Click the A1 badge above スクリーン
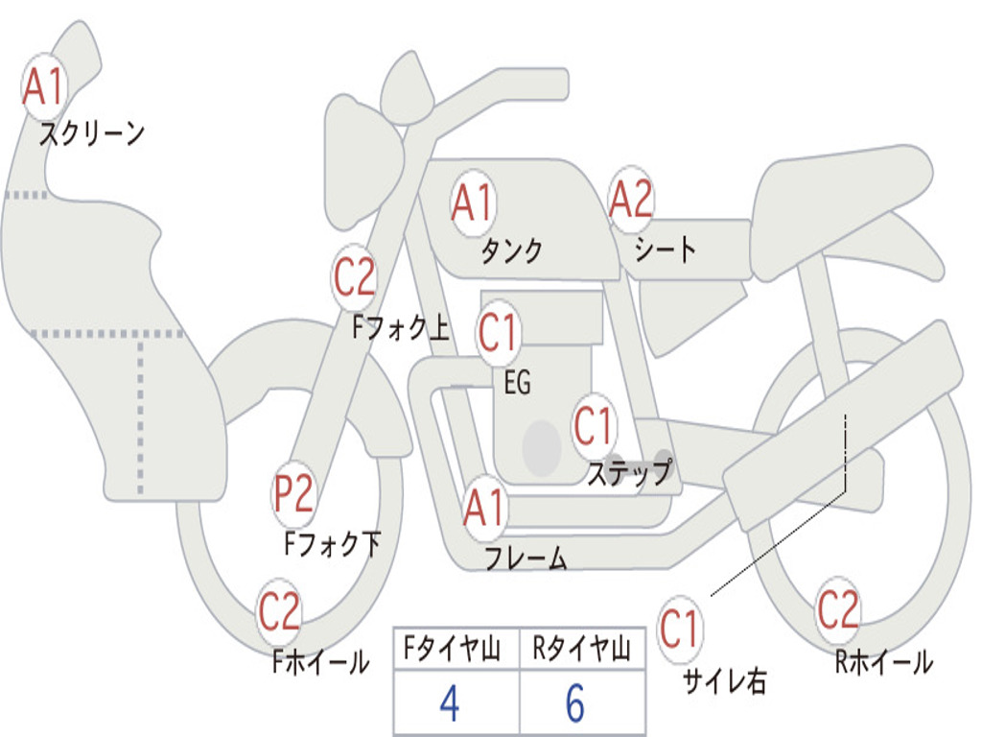[43, 87]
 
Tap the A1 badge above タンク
[473, 202]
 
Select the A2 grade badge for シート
[631, 201]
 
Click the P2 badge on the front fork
[293, 494]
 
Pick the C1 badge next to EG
[499, 332]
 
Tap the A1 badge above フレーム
[484, 509]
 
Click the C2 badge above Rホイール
[838, 608]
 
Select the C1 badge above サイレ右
[680, 629]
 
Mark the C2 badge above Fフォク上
[355, 277]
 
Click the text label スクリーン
[91, 133]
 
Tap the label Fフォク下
[332, 545]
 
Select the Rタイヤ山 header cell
[581, 651]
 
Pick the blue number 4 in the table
[449, 704]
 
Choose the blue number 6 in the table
[575, 704]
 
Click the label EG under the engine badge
[517, 383]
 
